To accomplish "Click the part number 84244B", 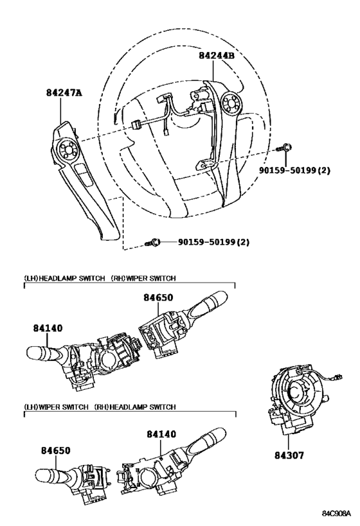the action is (x=216, y=55).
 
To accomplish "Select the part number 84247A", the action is (x=64, y=92).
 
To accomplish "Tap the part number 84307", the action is (x=289, y=455).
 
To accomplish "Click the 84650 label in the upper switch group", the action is (x=159, y=297).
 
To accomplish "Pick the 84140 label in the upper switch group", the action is (x=48, y=328).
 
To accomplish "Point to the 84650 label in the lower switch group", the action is (x=56, y=450).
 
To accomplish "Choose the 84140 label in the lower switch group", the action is (x=161, y=434).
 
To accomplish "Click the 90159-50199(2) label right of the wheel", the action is (x=294, y=170).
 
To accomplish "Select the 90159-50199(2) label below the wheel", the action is (x=213, y=242).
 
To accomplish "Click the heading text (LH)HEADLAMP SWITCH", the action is (x=64, y=278).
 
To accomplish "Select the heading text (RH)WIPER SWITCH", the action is (x=143, y=278).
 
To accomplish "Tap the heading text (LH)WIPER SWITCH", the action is (x=56, y=407).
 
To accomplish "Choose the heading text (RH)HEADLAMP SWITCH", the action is (x=135, y=407).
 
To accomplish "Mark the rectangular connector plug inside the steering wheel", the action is (x=136, y=125).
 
